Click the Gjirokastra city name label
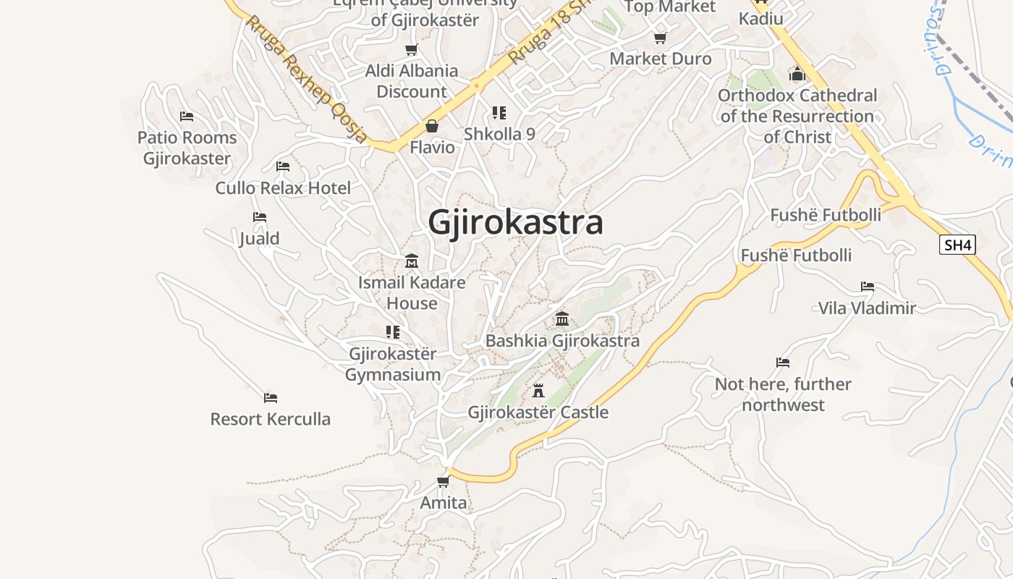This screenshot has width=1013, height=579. pyautogui.click(x=515, y=222)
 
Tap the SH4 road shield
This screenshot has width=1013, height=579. pyautogui.click(x=957, y=245)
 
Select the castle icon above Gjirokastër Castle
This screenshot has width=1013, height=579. pyautogui.click(x=538, y=391)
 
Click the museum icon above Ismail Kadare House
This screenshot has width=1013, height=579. pyautogui.click(x=412, y=261)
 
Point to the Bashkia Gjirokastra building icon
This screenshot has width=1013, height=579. pyautogui.click(x=562, y=318)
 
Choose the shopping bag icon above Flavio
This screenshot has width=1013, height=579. pyautogui.click(x=432, y=126)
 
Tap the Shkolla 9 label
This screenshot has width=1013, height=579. pyautogui.click(x=499, y=134)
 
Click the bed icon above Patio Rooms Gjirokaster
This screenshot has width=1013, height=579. pyautogui.click(x=187, y=116)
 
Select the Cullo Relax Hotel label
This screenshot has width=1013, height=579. pyautogui.click(x=283, y=188)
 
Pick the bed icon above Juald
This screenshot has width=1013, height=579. pyautogui.click(x=260, y=217)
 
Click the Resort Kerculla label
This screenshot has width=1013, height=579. pyautogui.click(x=270, y=419)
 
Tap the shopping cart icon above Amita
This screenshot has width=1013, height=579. pyautogui.click(x=443, y=481)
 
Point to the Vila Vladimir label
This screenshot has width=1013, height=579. pyautogui.click(x=867, y=308)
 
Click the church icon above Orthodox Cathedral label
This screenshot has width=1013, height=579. pyautogui.click(x=797, y=74)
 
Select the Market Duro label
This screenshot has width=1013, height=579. pyautogui.click(x=661, y=59)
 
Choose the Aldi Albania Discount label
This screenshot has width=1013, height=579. pyautogui.click(x=412, y=81)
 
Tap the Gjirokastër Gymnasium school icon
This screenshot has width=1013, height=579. pyautogui.click(x=393, y=332)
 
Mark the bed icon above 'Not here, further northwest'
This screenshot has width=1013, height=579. pyautogui.click(x=782, y=362)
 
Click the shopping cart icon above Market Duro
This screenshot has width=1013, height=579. pyautogui.click(x=660, y=38)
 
